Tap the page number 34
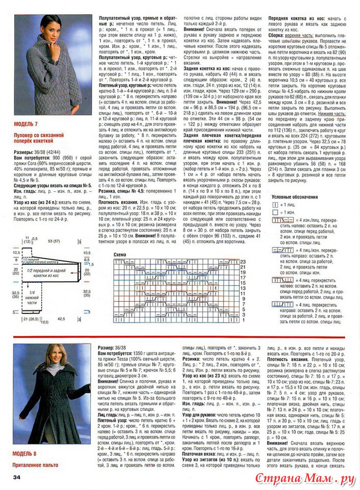click(x=17, y=477)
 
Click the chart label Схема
click(x=120, y=254)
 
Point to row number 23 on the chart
click(x=243, y=262)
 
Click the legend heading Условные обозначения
click(x=295, y=197)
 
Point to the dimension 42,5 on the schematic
click(x=61, y=319)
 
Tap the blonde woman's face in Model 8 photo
click(x=53, y=356)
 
